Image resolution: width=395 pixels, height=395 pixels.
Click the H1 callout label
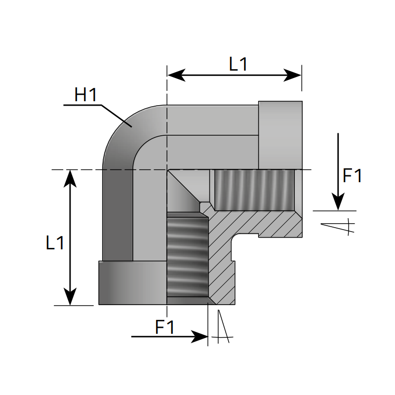click(85, 95)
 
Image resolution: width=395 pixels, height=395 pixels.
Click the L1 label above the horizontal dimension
click(238, 64)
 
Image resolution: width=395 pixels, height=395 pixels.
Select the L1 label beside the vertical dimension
click(55, 242)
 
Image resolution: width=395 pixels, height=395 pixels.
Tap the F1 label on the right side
click(353, 176)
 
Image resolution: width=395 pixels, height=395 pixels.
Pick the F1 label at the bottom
click(165, 327)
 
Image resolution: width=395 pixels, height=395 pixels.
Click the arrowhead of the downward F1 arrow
click(338, 202)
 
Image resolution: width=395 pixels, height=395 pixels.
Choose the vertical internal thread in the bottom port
click(187, 257)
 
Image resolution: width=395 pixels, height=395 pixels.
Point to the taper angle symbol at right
click(338, 226)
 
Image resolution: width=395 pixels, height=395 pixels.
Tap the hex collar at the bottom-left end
click(132, 282)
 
